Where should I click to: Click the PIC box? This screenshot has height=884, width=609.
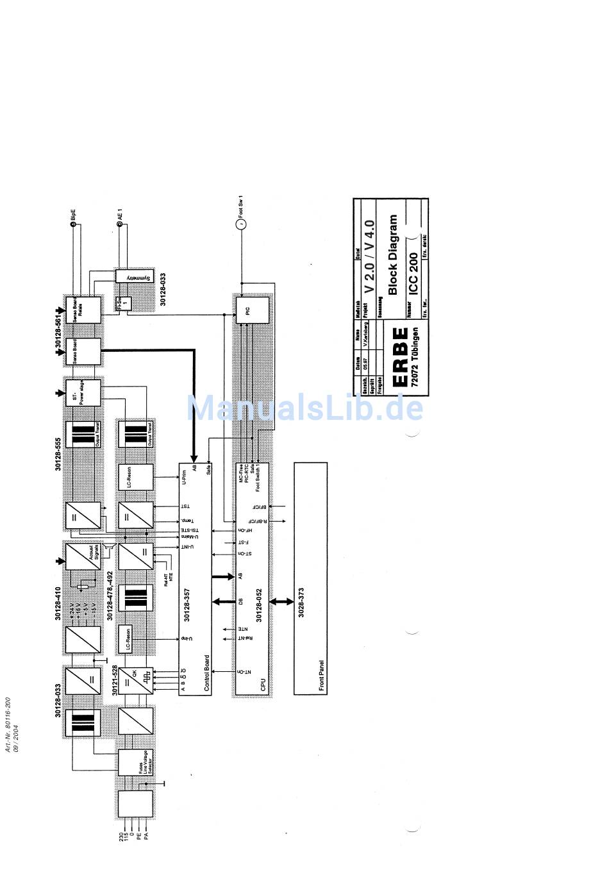pos(252,310)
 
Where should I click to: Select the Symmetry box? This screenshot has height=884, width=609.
pos(133,276)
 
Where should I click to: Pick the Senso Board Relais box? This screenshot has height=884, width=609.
pos(83,310)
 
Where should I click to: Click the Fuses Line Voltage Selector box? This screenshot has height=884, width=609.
pos(136,762)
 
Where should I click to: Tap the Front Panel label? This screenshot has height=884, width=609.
pos(321,676)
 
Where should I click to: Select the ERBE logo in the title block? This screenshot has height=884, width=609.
pos(399,356)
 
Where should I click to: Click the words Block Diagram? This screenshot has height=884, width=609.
pos(392,254)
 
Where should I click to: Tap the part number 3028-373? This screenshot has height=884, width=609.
pos(301,602)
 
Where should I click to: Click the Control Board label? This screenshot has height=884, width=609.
pos(206,672)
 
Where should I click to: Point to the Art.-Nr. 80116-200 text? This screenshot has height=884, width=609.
pos(8,724)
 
